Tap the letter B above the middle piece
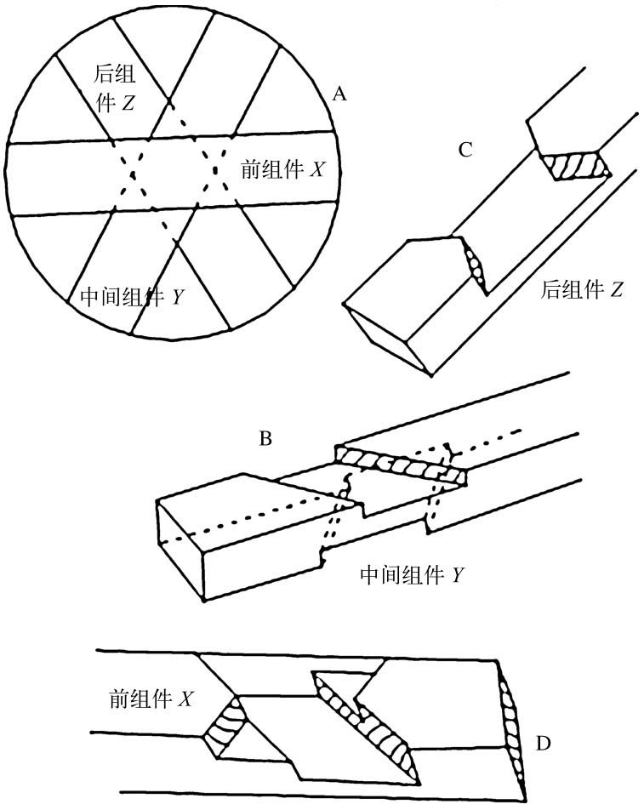coord(265,440)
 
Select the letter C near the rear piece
coord(465,150)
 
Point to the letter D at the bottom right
coord(543,744)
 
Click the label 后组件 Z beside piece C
coord(582,292)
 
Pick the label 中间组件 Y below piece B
coord(412,575)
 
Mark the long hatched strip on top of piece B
coord(400,465)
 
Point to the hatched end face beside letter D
coord(514,724)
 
